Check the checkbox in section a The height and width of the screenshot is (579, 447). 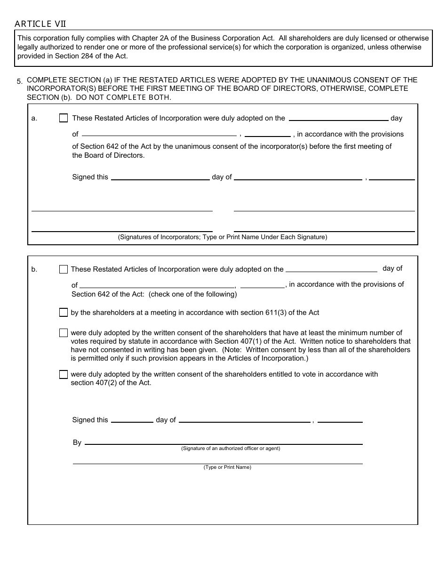64,118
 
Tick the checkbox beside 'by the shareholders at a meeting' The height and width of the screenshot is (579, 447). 64,312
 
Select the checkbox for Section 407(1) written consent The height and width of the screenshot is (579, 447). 64,333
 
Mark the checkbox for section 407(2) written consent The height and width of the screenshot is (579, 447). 64,375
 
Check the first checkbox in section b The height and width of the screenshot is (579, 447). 64,269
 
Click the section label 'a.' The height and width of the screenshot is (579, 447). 34,119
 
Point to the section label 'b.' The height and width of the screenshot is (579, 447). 34,270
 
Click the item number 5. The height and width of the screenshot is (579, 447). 19,81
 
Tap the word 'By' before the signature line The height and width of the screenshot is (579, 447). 77,442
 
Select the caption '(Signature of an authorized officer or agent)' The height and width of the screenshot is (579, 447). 231,449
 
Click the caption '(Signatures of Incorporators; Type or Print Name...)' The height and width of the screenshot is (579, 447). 223,237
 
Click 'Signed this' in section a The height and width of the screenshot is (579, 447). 90,177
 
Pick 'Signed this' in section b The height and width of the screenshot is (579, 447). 90,420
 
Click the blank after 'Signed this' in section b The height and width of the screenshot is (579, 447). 132,419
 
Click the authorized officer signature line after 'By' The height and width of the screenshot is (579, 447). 223,442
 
